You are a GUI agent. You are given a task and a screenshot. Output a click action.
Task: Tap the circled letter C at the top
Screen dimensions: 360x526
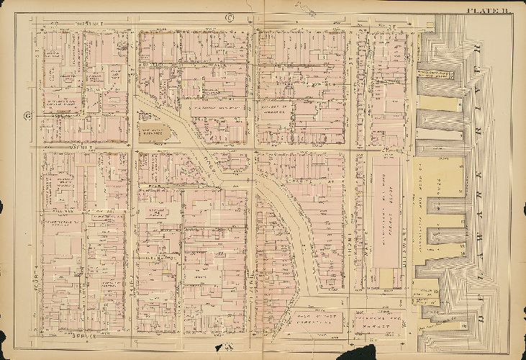click(x=231, y=17)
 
